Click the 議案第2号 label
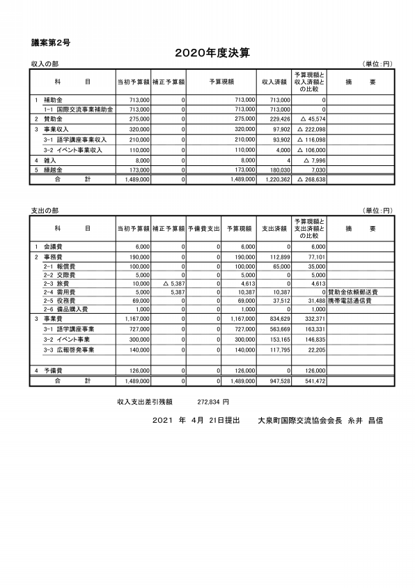[x=51, y=43]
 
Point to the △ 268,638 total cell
[x=311, y=179]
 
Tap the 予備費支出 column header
[x=203, y=228]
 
